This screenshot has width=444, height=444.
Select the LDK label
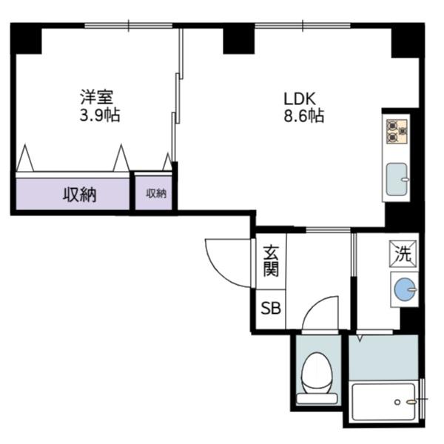tap(300, 97)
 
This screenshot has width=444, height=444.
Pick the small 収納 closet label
tap(155, 194)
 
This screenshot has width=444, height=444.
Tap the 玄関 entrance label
tap(270, 260)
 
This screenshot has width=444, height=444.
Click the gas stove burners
tap(397, 131)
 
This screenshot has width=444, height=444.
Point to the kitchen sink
tap(398, 179)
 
